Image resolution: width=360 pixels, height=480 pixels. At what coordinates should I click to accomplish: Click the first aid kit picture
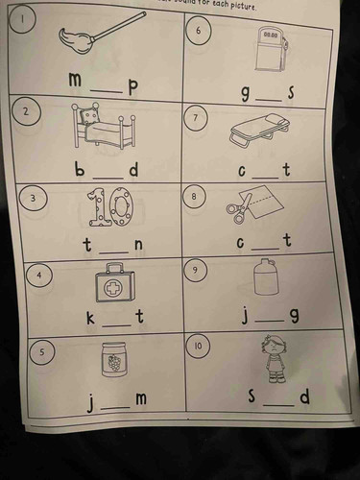click(x=114, y=283)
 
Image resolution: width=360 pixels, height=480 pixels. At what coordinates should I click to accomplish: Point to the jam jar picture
click(x=115, y=360)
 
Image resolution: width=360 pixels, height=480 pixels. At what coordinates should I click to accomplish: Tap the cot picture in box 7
click(x=259, y=130)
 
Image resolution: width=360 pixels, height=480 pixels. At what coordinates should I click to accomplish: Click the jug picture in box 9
click(x=265, y=277)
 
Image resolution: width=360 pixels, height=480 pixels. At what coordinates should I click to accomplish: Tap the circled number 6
click(x=199, y=31)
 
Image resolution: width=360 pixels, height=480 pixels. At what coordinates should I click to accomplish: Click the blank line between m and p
click(x=108, y=92)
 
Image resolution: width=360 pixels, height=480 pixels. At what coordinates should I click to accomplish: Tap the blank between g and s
click(x=270, y=99)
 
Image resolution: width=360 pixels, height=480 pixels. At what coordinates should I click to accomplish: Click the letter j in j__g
click(x=245, y=315)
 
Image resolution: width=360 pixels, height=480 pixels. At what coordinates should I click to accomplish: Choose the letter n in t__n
click(x=138, y=245)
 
